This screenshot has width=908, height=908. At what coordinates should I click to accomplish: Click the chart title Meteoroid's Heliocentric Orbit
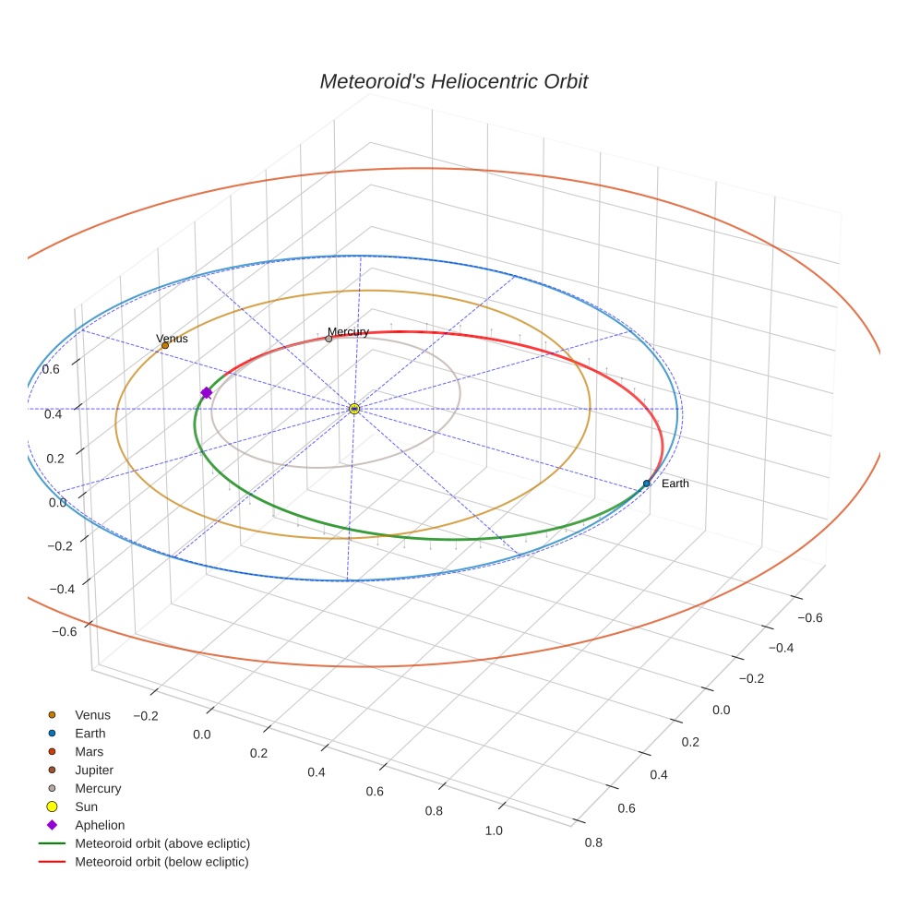pyautogui.click(x=453, y=81)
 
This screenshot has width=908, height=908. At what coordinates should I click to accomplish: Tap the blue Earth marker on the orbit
pyautogui.click(x=647, y=484)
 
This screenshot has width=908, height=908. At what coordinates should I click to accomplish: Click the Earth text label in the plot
pyautogui.click(x=675, y=484)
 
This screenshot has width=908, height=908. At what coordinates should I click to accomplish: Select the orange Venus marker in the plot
pyautogui.click(x=165, y=345)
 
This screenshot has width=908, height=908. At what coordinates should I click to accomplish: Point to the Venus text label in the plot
pyautogui.click(x=172, y=339)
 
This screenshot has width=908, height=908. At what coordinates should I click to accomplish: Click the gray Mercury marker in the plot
pyautogui.click(x=329, y=339)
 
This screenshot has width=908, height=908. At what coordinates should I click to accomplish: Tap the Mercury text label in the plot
pyautogui.click(x=348, y=331)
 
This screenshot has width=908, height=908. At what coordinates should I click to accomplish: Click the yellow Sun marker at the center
pyautogui.click(x=354, y=408)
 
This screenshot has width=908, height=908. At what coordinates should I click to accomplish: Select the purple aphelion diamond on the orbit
pyautogui.click(x=206, y=393)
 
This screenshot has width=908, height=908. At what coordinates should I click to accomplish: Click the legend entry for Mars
pyautogui.click(x=90, y=751)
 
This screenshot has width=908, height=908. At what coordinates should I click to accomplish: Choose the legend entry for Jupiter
pyautogui.click(x=94, y=770)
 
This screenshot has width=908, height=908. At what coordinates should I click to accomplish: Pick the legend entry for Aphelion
pyautogui.click(x=99, y=825)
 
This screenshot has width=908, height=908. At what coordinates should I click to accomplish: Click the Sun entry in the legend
pyautogui.click(x=86, y=806)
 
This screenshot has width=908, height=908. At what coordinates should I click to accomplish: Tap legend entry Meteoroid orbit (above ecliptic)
pyautogui.click(x=161, y=843)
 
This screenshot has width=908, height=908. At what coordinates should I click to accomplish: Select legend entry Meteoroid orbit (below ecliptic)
pyautogui.click(x=161, y=862)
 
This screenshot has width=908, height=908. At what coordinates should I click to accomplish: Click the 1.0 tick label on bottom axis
pyautogui.click(x=494, y=830)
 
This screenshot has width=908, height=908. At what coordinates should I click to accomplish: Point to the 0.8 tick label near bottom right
pyautogui.click(x=593, y=842)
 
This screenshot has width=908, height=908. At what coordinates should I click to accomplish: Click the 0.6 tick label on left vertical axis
pyautogui.click(x=52, y=369)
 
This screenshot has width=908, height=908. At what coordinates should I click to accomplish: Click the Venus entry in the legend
pyautogui.click(x=92, y=714)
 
